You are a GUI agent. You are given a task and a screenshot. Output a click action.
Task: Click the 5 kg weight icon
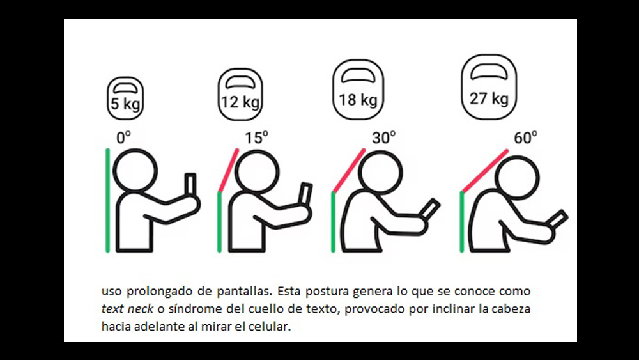pyautogui.click(x=125, y=98)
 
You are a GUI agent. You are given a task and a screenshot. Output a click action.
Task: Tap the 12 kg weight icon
pyautogui.click(x=240, y=94)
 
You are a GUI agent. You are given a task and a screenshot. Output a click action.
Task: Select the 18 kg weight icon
pyautogui.click(x=358, y=90)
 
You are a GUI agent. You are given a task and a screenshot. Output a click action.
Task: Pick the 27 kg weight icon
pyautogui.click(x=489, y=87)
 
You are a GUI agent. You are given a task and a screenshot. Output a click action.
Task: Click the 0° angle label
pyautogui.click(x=123, y=137)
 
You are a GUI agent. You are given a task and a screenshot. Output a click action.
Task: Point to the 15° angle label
pyautogui.click(x=256, y=137)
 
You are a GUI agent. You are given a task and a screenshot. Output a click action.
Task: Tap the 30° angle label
pyautogui.click(x=383, y=137)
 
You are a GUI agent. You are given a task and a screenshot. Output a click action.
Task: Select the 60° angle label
pyautogui.click(x=525, y=137)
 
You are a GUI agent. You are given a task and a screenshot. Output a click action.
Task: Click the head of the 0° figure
pyautogui.click(x=135, y=170)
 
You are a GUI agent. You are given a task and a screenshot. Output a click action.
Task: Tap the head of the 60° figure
pyautogui.click(x=517, y=178)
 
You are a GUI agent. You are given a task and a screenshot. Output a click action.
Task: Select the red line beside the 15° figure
pyautogui.click(x=228, y=171)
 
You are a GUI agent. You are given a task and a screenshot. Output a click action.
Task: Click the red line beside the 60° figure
pyautogui.click(x=485, y=171)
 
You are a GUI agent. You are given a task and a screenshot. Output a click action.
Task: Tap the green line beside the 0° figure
pyautogui.click(x=107, y=200)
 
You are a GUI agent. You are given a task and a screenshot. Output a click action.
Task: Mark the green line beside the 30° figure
pyautogui.click(x=333, y=222)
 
